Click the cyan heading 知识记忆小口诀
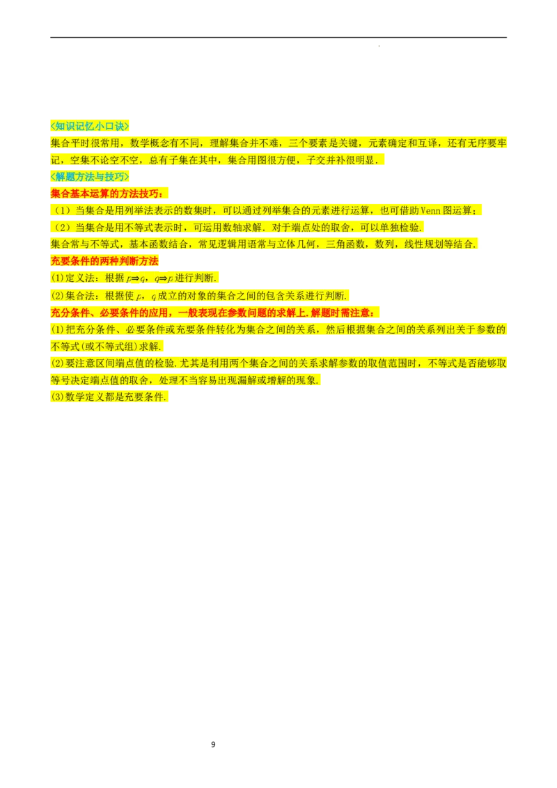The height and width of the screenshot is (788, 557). coord(91,126)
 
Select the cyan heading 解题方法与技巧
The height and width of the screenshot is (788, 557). coord(91,177)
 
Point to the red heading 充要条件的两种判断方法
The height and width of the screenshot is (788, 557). coord(105,261)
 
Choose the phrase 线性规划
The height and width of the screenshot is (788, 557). coord(424,244)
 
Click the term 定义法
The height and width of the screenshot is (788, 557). coord(81,278)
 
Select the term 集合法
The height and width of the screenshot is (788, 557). coord(81,295)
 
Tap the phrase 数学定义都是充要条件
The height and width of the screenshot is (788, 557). coord(111,397)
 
